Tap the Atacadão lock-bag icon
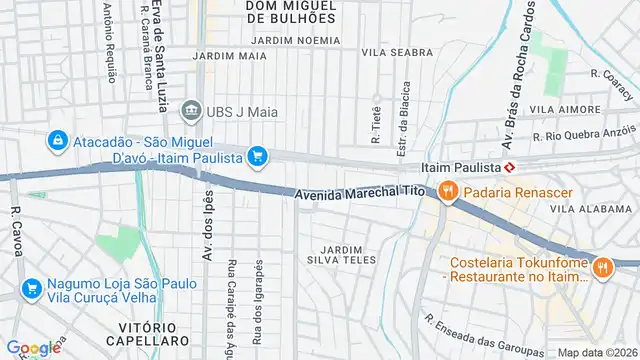58,140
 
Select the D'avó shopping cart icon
258,156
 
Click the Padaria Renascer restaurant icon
449,189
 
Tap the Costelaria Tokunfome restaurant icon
602,266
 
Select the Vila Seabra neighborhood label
390,52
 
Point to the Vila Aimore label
557,108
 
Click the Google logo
33,348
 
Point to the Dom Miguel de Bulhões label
290,12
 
